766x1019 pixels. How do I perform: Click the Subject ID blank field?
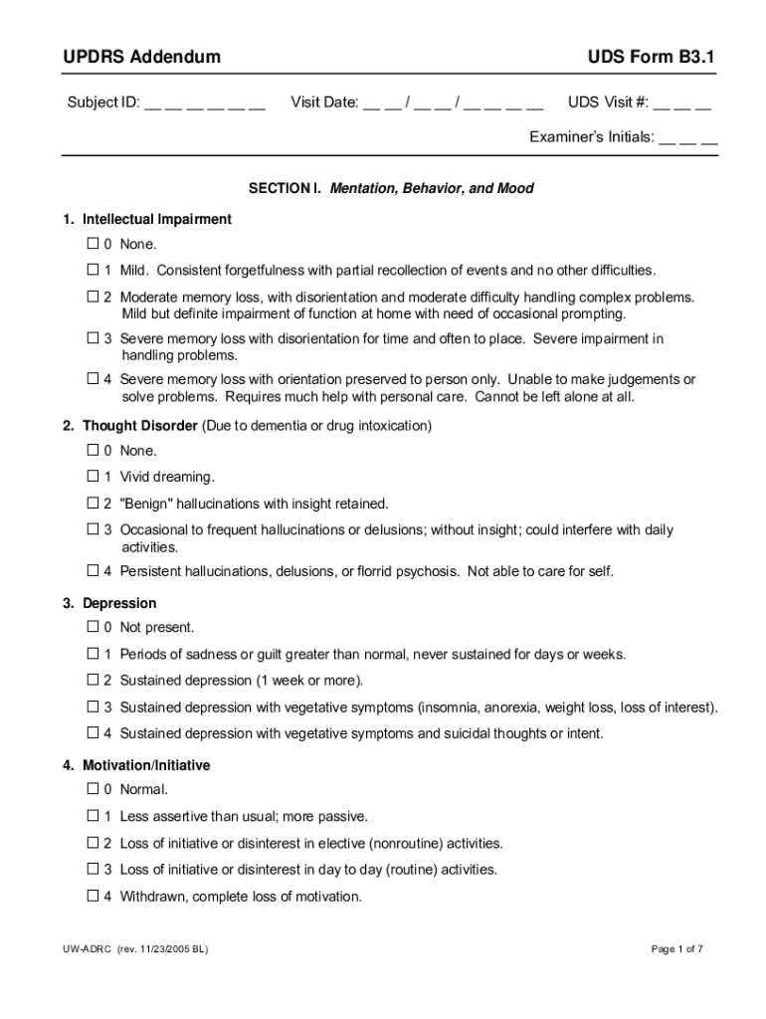coord(205,103)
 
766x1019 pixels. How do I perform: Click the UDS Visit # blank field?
coord(682,103)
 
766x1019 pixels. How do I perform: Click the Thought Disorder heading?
coord(139,426)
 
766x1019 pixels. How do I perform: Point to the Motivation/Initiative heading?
coord(146,766)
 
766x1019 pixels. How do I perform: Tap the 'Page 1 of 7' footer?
coord(676,949)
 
